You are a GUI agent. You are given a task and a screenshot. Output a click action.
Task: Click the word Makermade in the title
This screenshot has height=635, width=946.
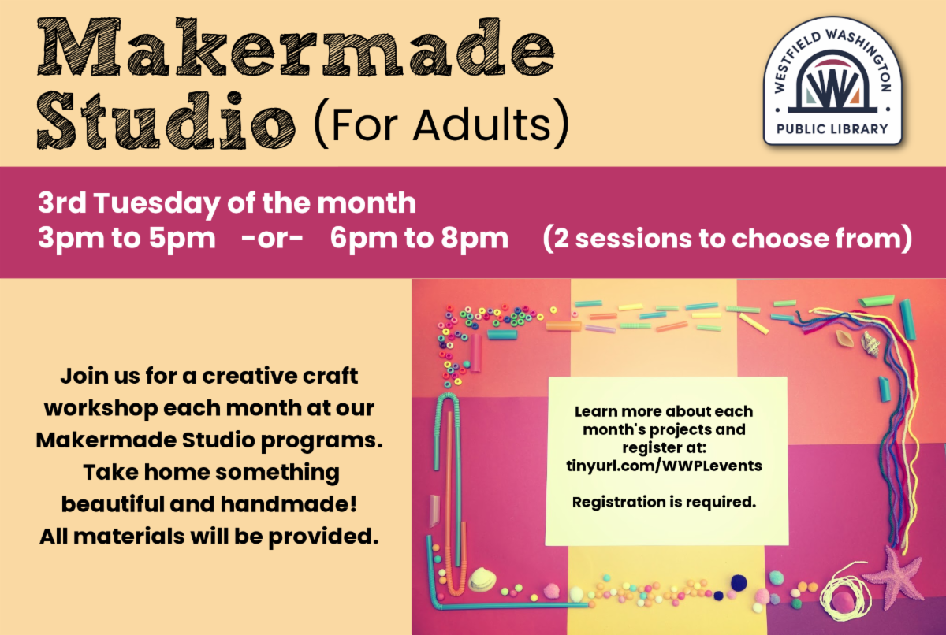click(296, 47)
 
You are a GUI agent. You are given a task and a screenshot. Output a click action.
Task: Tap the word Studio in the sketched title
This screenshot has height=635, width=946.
click(166, 121)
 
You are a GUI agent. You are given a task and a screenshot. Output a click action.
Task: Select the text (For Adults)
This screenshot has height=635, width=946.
click(441, 124)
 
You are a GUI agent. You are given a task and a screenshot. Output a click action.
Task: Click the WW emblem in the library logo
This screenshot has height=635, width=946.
click(832, 87)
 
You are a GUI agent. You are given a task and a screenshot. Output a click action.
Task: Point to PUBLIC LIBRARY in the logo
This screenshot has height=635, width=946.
click(832, 129)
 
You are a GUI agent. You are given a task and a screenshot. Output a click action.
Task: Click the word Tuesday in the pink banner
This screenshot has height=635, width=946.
click(157, 204)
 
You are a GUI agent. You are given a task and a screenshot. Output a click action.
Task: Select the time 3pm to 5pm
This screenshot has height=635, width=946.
click(127, 239)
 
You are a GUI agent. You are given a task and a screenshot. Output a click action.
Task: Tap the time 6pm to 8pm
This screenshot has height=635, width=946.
click(419, 239)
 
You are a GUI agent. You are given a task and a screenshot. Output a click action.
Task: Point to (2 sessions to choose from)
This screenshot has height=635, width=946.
click(728, 239)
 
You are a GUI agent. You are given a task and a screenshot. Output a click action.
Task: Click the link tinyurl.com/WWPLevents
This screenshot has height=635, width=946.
click(664, 466)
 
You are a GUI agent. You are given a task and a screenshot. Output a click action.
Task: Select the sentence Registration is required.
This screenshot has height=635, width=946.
click(664, 502)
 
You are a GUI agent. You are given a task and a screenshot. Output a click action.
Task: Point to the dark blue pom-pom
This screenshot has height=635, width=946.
click(739, 583)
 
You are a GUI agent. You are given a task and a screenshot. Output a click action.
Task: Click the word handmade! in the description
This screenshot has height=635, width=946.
click(289, 504)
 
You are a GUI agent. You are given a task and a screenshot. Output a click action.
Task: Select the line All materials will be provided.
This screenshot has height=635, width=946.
click(209, 537)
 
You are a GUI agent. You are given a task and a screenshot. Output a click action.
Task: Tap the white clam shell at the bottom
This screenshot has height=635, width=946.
click(482, 579)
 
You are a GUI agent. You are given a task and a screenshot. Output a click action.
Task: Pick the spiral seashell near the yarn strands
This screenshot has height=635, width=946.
click(871, 343)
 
